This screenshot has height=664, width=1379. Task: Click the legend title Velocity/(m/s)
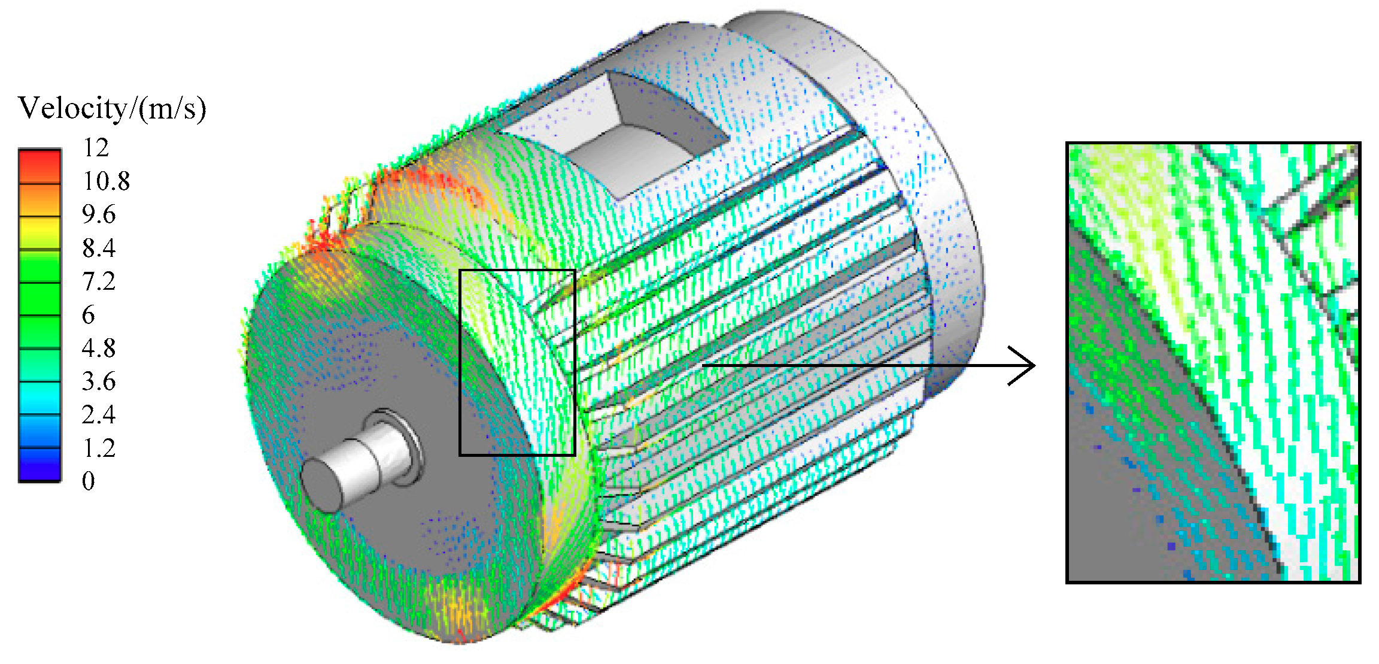112,109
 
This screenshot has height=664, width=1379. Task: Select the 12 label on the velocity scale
96,147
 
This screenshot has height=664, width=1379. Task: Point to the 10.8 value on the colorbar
106,181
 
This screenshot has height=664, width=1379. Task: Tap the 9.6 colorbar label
99,214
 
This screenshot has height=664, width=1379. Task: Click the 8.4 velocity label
99,248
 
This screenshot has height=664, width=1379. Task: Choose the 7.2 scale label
99,281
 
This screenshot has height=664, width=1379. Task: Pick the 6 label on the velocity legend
89,315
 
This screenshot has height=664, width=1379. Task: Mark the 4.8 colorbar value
99,348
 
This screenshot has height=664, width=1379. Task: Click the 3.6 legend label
99,381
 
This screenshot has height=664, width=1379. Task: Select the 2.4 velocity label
99,414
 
